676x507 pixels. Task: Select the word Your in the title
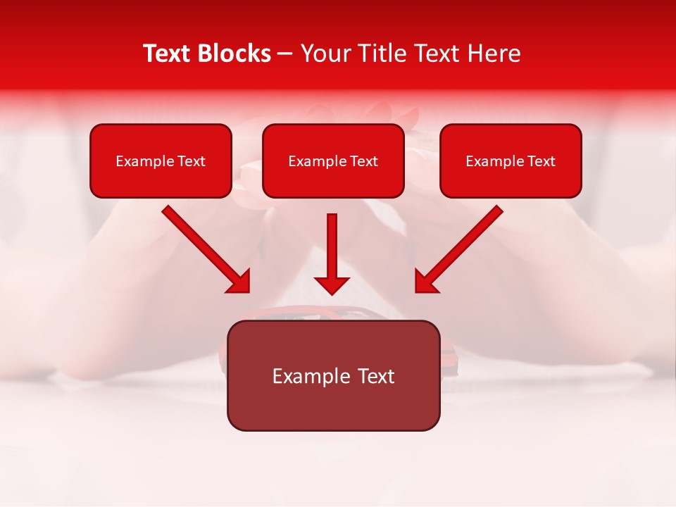(x=323, y=54)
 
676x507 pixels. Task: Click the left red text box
(x=161, y=161)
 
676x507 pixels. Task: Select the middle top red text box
(x=333, y=161)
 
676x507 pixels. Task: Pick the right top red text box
(x=511, y=161)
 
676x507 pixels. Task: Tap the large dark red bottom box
(x=333, y=375)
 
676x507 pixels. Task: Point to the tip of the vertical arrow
(x=332, y=293)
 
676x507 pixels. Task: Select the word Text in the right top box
(x=541, y=161)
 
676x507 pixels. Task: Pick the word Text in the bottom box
(x=375, y=376)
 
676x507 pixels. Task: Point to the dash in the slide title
(x=285, y=54)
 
